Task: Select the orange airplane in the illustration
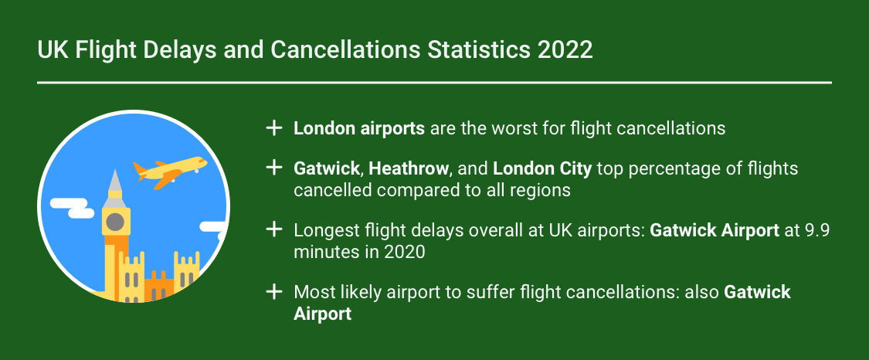[x=170, y=171]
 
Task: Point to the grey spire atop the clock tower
[x=115, y=184]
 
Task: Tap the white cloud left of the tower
[x=70, y=208]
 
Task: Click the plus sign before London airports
[x=273, y=127]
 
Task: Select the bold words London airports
[x=359, y=128]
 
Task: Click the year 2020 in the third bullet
[x=406, y=251]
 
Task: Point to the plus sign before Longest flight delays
[x=273, y=229]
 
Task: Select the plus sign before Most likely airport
[x=273, y=292]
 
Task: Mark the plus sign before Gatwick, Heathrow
[x=273, y=168]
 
